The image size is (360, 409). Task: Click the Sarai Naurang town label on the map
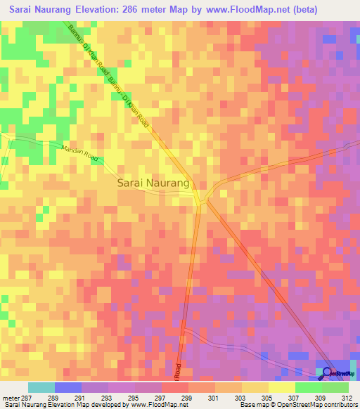[x=153, y=183]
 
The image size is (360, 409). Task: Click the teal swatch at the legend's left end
[x=41, y=387]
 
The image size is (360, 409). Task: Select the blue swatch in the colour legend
[x=67, y=387]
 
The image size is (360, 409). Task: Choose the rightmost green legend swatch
[x=335, y=387]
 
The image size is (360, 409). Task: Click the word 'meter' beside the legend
[x=11, y=398]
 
